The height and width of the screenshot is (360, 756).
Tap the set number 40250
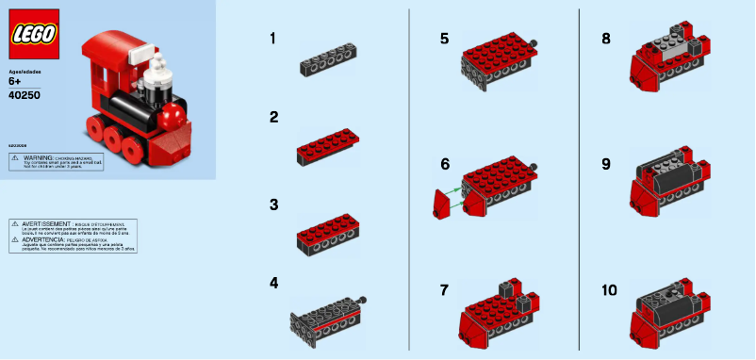23,94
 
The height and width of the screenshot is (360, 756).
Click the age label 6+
15,83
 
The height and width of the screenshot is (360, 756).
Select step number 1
272,39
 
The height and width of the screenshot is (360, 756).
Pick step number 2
273,117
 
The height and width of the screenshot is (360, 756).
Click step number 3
273,204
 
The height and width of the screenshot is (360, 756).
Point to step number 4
273,282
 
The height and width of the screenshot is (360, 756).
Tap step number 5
444,39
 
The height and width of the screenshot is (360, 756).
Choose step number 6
445,164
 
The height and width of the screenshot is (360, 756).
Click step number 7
444,289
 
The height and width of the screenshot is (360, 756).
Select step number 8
606,39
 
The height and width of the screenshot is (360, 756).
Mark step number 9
606,164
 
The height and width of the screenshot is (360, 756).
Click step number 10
609,289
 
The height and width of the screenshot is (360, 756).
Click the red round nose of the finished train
173,117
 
